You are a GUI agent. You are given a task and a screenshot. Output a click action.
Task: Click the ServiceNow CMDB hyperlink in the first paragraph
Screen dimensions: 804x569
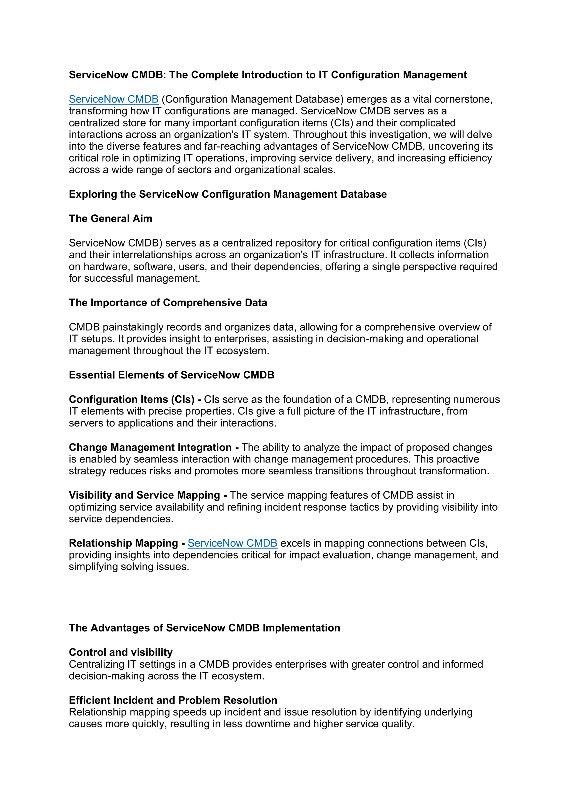tap(114, 99)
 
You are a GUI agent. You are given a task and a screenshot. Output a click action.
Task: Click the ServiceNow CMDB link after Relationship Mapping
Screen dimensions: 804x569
tap(232, 543)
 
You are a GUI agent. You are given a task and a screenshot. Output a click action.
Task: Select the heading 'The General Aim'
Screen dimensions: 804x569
tap(110, 218)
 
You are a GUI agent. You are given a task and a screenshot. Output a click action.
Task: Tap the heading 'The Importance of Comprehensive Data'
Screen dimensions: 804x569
tap(168, 303)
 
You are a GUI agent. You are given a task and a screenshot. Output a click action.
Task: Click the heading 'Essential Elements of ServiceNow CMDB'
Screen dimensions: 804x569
tap(171, 375)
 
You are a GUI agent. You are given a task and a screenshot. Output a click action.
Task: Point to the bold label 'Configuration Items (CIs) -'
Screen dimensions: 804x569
tap(135, 400)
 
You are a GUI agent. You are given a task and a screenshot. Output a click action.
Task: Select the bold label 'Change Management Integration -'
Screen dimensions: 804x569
tap(154, 448)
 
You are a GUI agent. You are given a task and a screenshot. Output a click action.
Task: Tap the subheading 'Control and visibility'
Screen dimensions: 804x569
tap(121, 652)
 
